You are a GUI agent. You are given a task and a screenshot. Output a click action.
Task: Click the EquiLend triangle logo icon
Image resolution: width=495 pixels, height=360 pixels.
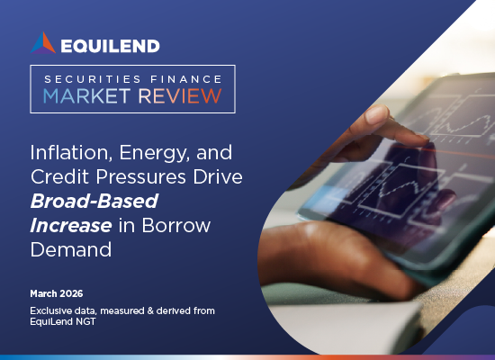pos(43,43)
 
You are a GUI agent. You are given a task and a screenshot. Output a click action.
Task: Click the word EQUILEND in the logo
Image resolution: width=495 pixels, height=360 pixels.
pos(110,46)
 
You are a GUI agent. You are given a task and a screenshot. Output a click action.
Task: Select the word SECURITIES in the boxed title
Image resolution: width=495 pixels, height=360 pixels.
pos(93,79)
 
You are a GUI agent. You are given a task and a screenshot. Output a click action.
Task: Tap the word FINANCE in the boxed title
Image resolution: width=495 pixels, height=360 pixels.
pos(186,79)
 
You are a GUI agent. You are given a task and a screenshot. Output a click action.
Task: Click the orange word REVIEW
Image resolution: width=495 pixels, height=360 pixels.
pos(180,96)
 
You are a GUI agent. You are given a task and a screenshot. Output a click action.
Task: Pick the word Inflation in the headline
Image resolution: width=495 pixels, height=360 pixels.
pos(71,152)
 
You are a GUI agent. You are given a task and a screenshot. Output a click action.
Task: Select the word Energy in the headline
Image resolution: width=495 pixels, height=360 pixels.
pos(155,154)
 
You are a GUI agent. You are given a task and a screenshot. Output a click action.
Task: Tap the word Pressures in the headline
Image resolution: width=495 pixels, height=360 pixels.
pos(140,176)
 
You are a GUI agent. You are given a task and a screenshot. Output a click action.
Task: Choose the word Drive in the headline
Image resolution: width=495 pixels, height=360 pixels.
pos(218,176)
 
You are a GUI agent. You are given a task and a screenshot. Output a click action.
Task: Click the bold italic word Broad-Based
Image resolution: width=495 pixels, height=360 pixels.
pos(94,201)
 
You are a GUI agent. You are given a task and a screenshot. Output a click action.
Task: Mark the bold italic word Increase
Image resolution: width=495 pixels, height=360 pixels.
pos(71,225)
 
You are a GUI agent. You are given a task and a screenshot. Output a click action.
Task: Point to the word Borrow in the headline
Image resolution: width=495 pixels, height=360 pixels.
pos(175,225)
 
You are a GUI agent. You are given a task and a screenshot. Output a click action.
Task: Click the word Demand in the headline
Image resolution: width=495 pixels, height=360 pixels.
pos(71,249)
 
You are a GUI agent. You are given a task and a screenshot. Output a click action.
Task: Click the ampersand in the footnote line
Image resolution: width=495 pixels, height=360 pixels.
pos(150,310)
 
